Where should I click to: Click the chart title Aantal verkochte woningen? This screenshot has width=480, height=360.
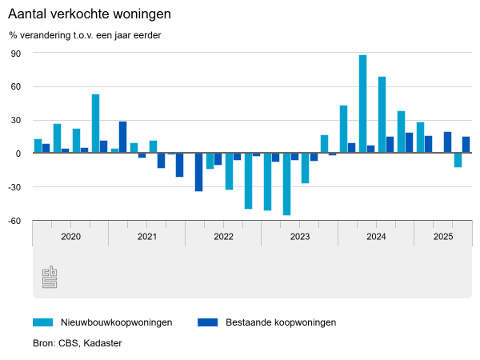[x=90, y=15]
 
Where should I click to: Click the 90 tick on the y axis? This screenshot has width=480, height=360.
[x=15, y=54]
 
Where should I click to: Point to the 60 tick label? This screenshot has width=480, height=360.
[x=15, y=87]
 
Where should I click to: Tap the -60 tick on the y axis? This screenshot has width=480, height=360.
[x=14, y=221]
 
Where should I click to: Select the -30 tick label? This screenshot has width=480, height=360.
[x=14, y=187]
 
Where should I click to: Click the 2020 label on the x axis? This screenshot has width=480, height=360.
[x=70, y=237]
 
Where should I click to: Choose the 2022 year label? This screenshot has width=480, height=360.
[x=223, y=237]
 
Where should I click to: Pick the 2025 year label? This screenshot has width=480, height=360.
[x=443, y=237]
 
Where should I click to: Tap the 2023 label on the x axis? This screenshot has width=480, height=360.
[x=300, y=237]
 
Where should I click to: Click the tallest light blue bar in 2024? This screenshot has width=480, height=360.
[x=362, y=104]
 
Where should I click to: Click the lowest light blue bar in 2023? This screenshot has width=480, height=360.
[x=286, y=184]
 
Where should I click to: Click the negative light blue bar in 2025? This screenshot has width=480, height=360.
[x=458, y=160]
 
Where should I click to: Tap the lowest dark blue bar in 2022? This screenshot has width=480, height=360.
[x=198, y=172]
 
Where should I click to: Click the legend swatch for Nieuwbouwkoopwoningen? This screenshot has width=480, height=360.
[x=42, y=322]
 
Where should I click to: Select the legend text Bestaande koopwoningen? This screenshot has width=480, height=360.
[x=281, y=322]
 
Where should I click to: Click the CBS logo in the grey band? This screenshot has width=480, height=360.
[x=49, y=277]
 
